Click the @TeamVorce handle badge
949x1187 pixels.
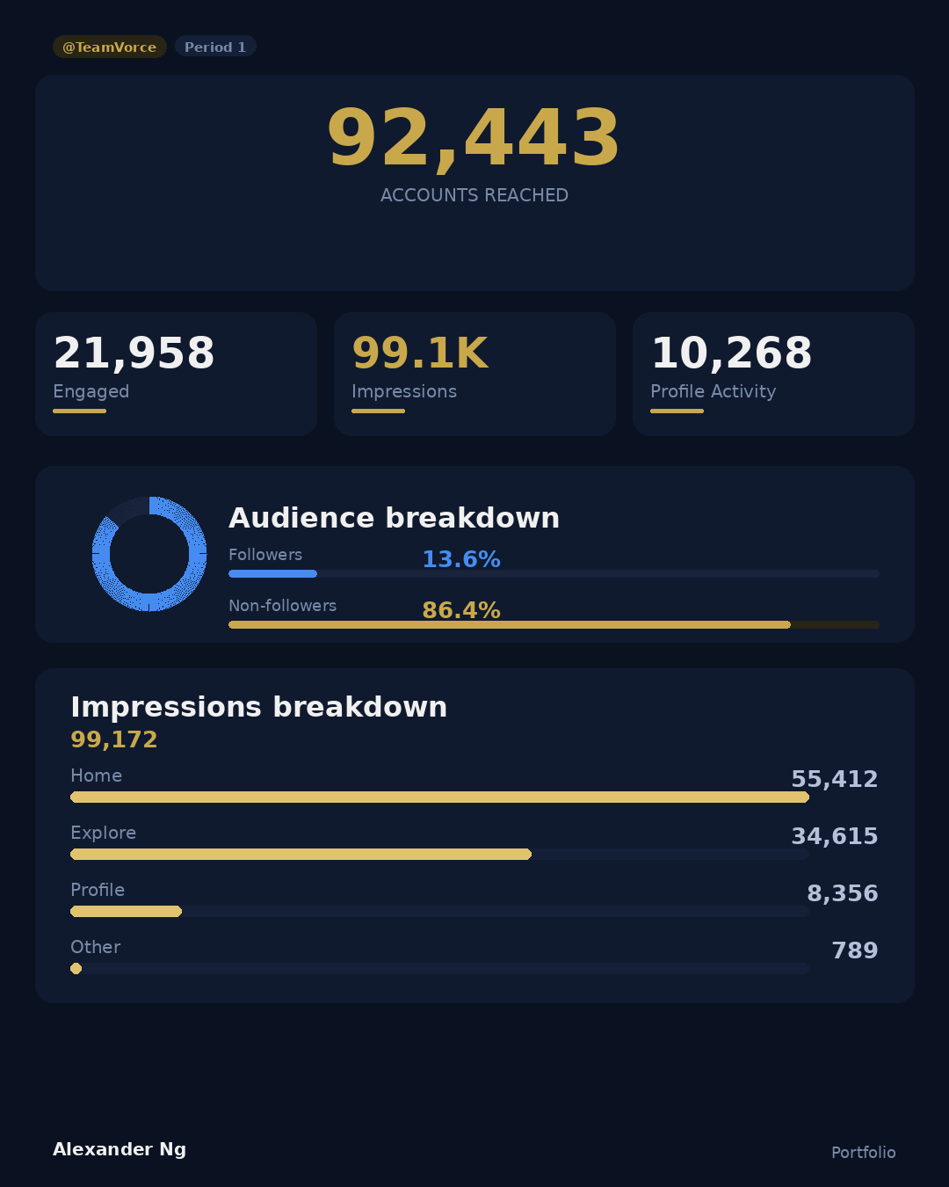[x=109, y=47]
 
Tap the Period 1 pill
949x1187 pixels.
[x=215, y=47]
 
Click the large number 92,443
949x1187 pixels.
[x=474, y=138]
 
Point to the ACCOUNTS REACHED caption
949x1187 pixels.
[x=474, y=195]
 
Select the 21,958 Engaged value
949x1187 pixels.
[x=134, y=353]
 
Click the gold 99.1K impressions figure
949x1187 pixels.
[x=420, y=353]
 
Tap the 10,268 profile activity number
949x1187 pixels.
[x=731, y=353]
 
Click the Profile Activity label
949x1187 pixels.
[x=713, y=391]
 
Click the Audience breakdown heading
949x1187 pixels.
[x=394, y=518]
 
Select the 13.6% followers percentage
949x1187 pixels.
[x=461, y=559]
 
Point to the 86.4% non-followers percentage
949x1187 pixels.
[x=461, y=610]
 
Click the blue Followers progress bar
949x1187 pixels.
[x=272, y=574]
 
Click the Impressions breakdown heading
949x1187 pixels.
[x=258, y=707]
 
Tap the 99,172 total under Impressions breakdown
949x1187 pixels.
[x=114, y=739]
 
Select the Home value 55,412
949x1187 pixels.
[x=834, y=779]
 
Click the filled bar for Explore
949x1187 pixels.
[x=301, y=855]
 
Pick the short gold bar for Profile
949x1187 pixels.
[x=126, y=912]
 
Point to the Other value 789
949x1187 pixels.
[x=854, y=950]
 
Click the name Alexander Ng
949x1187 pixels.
[x=120, y=1149]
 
